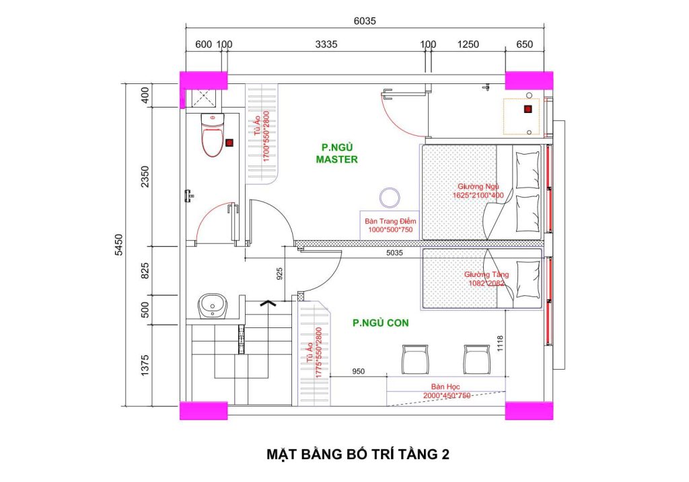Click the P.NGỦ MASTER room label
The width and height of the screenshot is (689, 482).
(x=336, y=153)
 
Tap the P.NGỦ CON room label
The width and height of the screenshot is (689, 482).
(x=381, y=323)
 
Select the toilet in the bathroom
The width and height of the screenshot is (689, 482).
(x=213, y=134)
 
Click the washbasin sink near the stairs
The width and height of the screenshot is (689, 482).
(x=213, y=305)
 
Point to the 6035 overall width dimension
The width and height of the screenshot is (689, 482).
(x=365, y=21)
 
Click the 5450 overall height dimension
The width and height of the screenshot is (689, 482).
(x=118, y=245)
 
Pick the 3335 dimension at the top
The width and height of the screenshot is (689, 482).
(x=326, y=44)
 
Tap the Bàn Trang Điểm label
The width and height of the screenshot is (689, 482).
(x=390, y=220)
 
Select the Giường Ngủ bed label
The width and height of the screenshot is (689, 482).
(x=478, y=187)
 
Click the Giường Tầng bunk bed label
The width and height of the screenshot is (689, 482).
(x=486, y=275)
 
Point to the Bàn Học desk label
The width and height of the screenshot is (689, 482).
(x=445, y=387)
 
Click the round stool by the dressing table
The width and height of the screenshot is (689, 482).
(x=390, y=198)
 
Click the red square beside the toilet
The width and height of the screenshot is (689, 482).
(x=229, y=143)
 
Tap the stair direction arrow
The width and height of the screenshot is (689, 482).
(x=267, y=303)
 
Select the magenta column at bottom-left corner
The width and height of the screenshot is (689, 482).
(x=203, y=411)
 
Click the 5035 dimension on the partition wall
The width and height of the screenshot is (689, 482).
(x=394, y=253)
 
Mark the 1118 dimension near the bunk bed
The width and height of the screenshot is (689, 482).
(x=500, y=344)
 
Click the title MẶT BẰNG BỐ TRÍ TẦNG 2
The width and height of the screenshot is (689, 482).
(x=358, y=454)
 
